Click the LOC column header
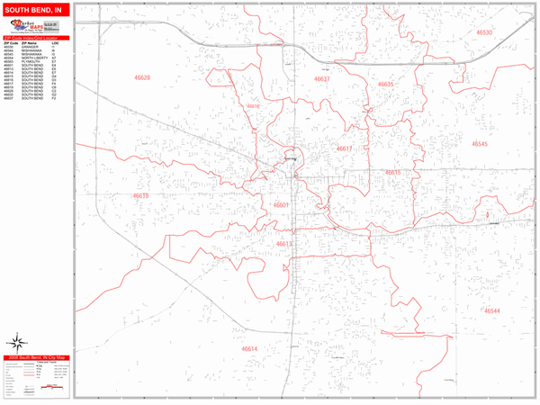[55, 43]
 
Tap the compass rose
[15, 342]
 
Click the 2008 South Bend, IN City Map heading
[35, 357]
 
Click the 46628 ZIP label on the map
[141, 78]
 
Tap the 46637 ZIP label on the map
[321, 79]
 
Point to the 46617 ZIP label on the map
[345, 148]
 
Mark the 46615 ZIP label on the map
[392, 172]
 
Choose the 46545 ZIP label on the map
[479, 144]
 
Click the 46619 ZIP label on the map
[141, 195]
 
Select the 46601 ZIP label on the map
[281, 205]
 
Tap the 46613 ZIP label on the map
[284, 244]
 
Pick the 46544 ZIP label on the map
[491, 310]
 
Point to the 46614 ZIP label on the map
[249, 348]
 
